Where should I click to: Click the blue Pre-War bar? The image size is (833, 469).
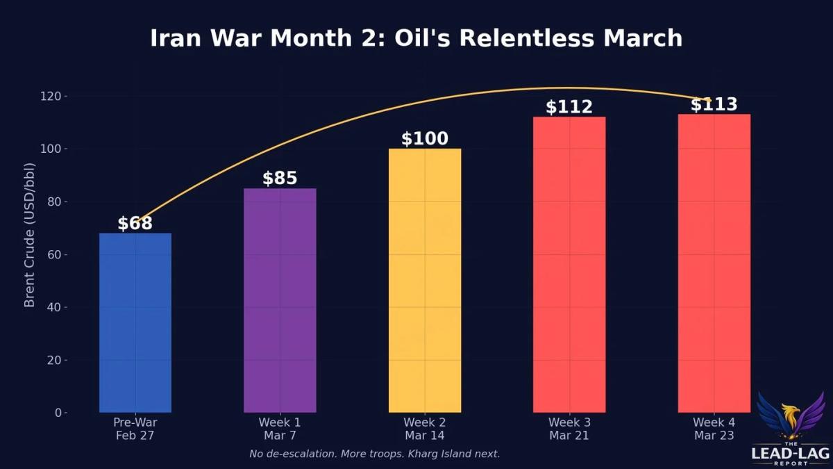[x=135, y=323]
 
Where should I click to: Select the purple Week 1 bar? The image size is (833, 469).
[x=280, y=300]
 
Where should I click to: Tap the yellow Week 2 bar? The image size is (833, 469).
[x=425, y=281]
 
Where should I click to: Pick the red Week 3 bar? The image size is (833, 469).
[x=569, y=265]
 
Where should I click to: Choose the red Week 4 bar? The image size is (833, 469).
[x=714, y=263]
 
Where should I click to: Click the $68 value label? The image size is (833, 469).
[x=135, y=224]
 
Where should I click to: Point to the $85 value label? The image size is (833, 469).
[x=280, y=179]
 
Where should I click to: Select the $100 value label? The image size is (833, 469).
[x=425, y=139]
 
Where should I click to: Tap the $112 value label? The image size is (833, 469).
[x=569, y=107]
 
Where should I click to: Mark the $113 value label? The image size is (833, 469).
[x=714, y=105]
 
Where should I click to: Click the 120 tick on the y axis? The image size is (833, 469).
[x=53, y=96]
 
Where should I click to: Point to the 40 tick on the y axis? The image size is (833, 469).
[x=56, y=307]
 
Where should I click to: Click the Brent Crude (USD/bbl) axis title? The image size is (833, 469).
[x=29, y=254]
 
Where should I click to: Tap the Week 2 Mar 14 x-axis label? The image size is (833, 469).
[x=424, y=429]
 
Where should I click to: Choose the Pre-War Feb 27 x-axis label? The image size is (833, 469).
[x=135, y=429]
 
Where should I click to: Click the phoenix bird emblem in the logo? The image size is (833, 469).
[x=791, y=417]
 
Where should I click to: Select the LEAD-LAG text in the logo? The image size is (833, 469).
[x=791, y=454]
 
